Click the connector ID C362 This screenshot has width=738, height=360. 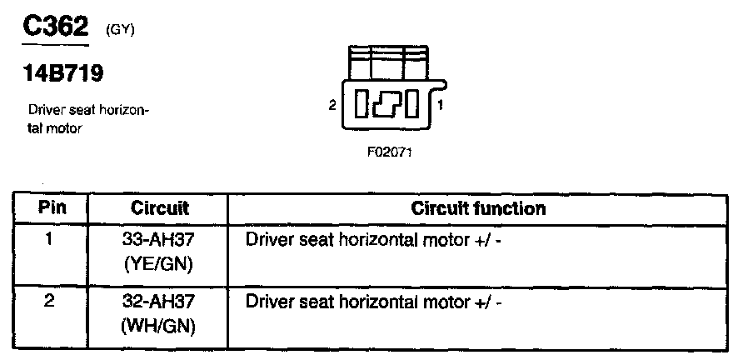pos(54,28)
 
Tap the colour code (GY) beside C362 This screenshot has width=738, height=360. pos(121,31)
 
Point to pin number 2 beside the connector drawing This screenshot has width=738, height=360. pos(332,106)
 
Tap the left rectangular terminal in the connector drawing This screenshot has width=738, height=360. pos(362,105)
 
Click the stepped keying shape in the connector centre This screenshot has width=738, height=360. pos(387,105)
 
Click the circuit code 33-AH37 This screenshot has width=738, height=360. pos(158,239)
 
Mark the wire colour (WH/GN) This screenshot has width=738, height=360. pos(158,326)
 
